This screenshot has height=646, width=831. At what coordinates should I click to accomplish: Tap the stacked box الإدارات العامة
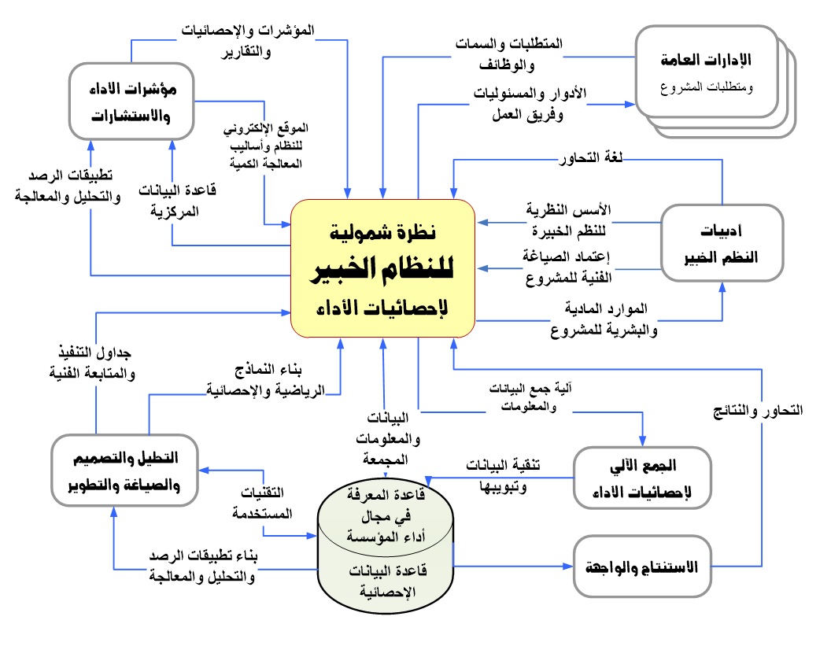[x=706, y=72]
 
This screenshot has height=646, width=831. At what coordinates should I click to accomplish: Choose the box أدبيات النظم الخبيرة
[x=722, y=243]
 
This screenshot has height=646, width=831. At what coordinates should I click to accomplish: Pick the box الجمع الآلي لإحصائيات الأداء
[x=643, y=477]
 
